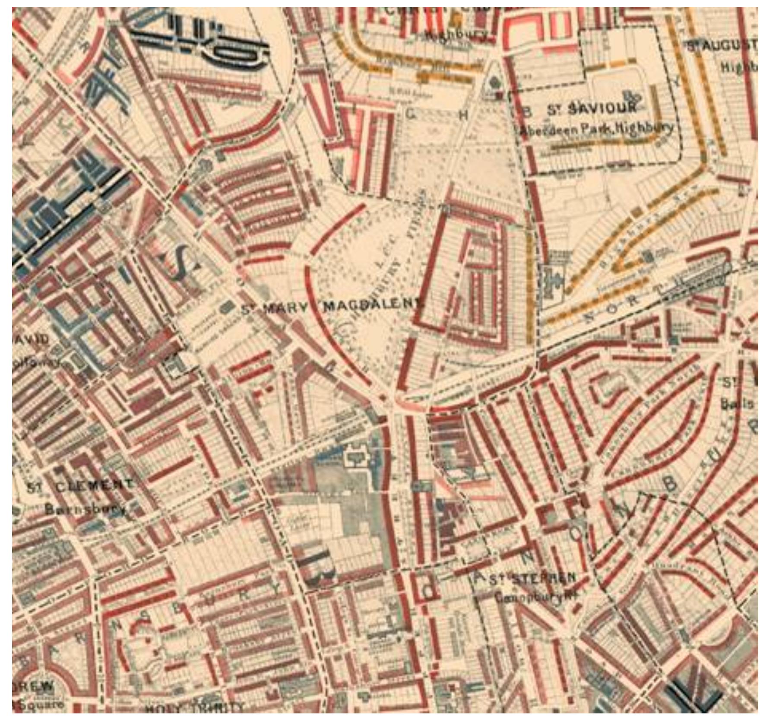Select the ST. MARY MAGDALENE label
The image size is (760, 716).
(330, 307)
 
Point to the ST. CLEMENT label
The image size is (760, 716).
(80, 486)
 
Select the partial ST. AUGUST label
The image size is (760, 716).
(721, 46)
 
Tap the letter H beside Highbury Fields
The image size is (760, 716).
(463, 115)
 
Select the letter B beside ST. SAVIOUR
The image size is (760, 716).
(526, 111)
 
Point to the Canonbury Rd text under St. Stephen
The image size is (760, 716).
(535, 598)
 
